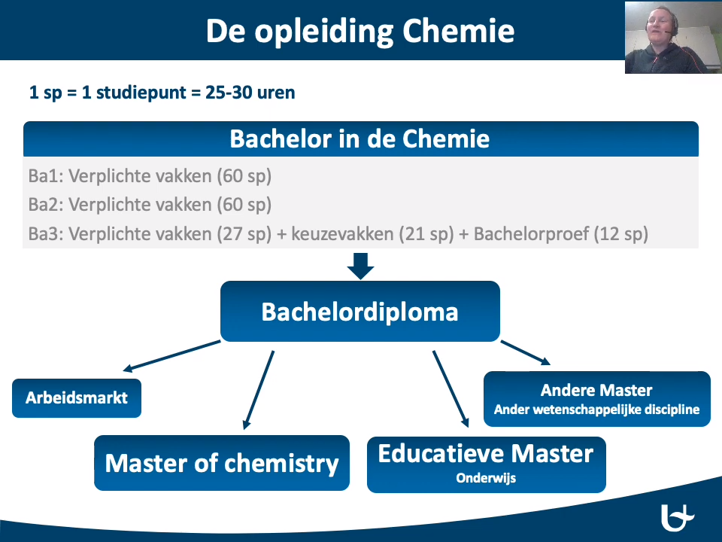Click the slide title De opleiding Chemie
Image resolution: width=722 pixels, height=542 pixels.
pos(360,32)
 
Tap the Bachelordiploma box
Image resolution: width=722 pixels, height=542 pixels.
pos(360,312)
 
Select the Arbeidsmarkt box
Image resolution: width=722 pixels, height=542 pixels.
pos(77,398)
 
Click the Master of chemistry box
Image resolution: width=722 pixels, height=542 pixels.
pos(222,463)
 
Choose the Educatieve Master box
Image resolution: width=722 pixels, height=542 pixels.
pos(487,464)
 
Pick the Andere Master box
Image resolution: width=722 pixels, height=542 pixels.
pos(596,399)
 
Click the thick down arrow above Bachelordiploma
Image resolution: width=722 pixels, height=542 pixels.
pos(360,266)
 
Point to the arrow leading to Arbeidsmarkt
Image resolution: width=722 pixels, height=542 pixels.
pos(171,356)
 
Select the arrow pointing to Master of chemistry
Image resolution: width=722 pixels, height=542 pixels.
pos(259,390)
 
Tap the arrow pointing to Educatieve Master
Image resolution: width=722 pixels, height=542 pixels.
pos(450,389)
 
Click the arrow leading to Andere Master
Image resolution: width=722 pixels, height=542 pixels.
pos(526,352)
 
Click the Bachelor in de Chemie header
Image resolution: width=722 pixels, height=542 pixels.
pos(360,139)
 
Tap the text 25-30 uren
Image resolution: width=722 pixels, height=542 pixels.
pos(250,93)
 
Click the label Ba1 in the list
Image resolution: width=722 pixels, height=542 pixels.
pos(46,176)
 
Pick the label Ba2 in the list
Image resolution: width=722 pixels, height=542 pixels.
pos(46,205)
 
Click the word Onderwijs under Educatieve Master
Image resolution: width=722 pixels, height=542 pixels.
pos(486,478)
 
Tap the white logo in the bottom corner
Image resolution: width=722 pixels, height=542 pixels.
pos(678,518)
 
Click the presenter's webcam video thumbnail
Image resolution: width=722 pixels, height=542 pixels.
pos(673,37)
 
